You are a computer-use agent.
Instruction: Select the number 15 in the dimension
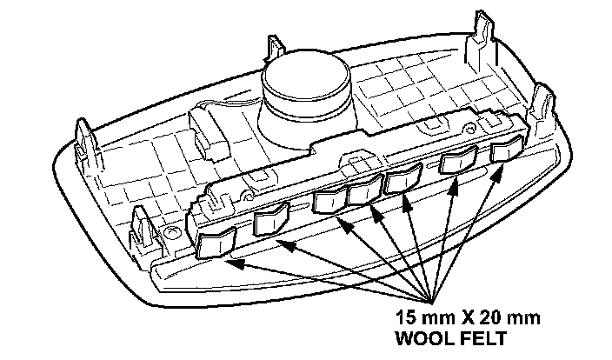tap(406, 317)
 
